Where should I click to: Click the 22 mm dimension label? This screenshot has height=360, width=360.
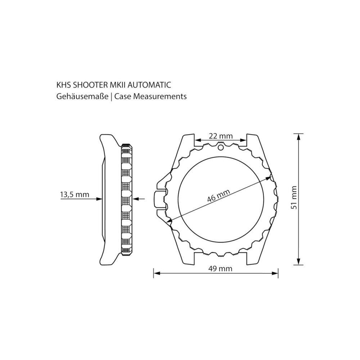point(220,136)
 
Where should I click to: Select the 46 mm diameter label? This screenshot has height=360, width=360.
point(219,195)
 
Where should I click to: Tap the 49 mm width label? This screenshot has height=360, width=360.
point(220,269)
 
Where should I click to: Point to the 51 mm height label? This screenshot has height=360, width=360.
point(294,198)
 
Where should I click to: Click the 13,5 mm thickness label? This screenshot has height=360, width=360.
point(75,195)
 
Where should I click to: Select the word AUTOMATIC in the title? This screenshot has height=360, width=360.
point(149,85)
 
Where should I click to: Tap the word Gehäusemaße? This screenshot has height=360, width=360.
point(82,96)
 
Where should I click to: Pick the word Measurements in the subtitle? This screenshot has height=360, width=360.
point(160,96)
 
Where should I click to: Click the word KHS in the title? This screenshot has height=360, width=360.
point(64,85)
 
